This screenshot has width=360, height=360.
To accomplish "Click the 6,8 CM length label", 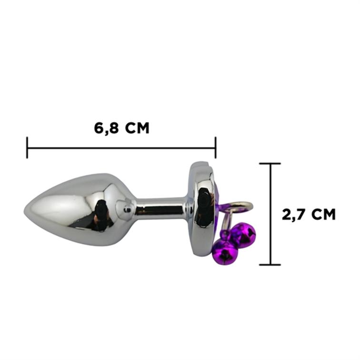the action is tap(122, 128).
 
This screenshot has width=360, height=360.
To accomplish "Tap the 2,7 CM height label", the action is tap(309, 214).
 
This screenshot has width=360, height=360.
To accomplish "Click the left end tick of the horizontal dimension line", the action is tap(27, 148).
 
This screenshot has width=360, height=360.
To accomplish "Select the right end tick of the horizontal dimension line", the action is tap(215, 148).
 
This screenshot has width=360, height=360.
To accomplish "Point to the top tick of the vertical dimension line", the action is tap(270, 164).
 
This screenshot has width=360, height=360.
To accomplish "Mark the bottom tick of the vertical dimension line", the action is tap(270, 265).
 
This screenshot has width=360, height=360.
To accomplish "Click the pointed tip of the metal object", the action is tap(24, 210).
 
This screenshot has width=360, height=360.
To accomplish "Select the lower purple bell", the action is tap(225, 253).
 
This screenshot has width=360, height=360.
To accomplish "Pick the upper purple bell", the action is tap(243, 236).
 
